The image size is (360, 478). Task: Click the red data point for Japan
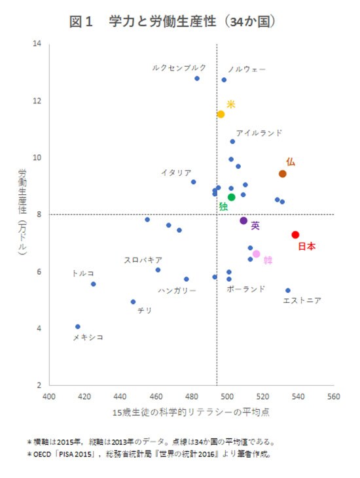[295, 235]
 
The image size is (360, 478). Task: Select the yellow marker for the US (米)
[221, 114]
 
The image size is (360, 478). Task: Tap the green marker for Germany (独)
[231, 197]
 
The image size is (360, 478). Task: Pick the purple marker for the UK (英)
[243, 221]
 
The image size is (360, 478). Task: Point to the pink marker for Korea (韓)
[256, 254]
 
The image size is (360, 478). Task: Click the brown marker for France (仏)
[282, 173]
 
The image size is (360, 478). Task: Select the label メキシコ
[88, 337]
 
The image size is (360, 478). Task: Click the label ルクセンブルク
[179, 67]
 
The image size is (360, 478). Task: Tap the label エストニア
[302, 301]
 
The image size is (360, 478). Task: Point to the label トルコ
[82, 273]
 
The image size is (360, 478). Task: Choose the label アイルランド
[259, 133]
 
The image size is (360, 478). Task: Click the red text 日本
[307, 247]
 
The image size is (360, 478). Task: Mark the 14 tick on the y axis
[37, 44]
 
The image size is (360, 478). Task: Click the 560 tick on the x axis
[334, 396]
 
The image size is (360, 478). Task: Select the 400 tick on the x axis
[49, 396]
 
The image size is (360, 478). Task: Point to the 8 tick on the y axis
[39, 214]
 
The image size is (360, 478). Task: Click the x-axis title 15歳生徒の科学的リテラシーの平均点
[191, 413]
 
